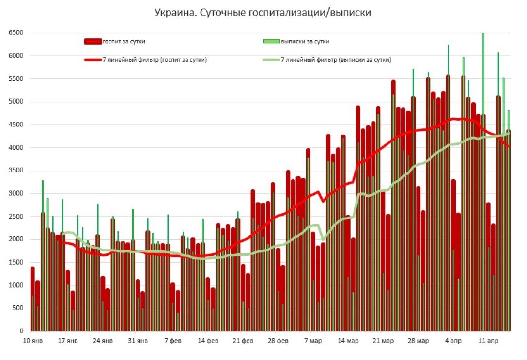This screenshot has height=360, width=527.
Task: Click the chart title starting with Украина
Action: click(x=263, y=13)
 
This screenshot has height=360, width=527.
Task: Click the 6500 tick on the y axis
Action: click(x=16, y=33)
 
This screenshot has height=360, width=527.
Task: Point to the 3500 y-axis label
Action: click(x=16, y=171)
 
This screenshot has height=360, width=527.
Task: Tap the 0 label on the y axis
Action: click(x=21, y=331)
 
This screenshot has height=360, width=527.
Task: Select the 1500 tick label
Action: click(x=16, y=262)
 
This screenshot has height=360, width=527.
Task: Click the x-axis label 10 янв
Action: click(x=33, y=341)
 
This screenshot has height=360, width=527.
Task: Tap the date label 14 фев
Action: click(x=208, y=341)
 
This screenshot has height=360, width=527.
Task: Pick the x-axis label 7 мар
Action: click(x=312, y=341)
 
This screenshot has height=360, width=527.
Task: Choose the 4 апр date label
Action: click(x=453, y=341)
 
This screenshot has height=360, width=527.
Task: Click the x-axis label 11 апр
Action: click(x=488, y=341)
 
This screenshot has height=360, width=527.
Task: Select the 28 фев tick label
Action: click(x=278, y=341)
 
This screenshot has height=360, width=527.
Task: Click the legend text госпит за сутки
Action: click(x=124, y=42)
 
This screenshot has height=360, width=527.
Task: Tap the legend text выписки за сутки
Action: click(x=305, y=42)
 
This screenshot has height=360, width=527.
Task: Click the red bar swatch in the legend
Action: click(x=93, y=42)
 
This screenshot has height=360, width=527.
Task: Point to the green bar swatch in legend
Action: click(x=271, y=42)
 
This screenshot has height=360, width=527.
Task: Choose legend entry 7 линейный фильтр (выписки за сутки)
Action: click(x=336, y=60)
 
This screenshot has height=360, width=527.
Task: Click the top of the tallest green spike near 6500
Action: click(x=483, y=34)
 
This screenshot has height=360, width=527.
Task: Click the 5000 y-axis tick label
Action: click(x=16, y=102)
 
